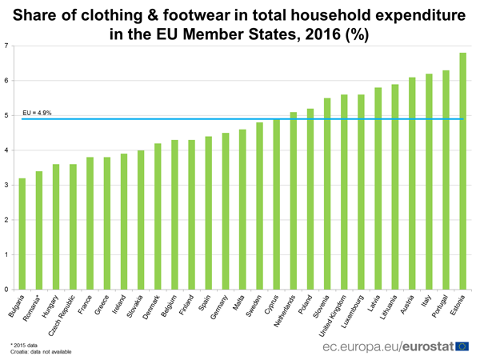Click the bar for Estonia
(463, 171)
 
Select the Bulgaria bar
(22, 234)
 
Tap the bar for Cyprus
(277, 204)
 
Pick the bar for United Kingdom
(344, 192)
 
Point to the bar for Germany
(226, 211)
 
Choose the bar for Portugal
(446, 180)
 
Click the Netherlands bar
(294, 201)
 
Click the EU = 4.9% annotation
(37, 114)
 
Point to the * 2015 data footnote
(25, 342)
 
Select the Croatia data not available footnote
(40, 350)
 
